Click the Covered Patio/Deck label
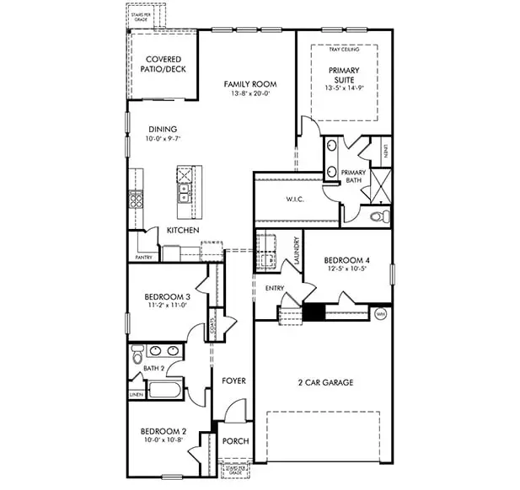coord(163,65)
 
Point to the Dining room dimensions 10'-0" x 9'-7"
coord(163,139)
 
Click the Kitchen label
coord(182,231)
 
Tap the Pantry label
coord(144,257)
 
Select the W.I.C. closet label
coord(294,200)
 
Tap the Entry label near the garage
coord(275,289)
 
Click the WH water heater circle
coord(380,314)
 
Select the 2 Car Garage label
coord(324,382)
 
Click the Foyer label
coord(233,381)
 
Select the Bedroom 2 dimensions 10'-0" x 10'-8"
coord(164,440)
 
